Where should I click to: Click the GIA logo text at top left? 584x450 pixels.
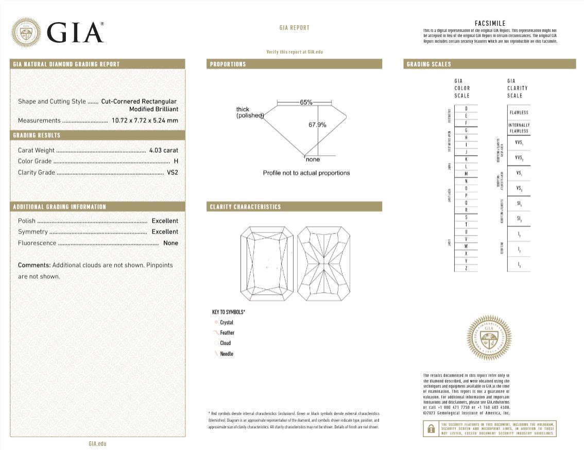[75, 32]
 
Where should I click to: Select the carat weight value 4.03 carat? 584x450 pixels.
[163, 151]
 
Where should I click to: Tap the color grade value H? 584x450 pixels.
[176, 161]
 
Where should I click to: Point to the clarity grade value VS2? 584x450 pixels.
[173, 173]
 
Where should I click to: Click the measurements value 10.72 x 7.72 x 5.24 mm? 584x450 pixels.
[145, 121]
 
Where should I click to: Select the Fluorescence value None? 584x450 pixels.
[170, 243]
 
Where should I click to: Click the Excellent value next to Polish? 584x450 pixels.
[165, 221]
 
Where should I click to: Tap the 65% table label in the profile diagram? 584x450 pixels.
[306, 102]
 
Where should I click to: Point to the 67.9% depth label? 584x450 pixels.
[317, 125]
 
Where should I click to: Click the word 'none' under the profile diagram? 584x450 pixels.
[313, 159]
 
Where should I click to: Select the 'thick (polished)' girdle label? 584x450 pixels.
[249, 112]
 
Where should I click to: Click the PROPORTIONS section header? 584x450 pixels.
[228, 64]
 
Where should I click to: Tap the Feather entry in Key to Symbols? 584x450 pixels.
[227, 333]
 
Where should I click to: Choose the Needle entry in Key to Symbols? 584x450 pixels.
[227, 354]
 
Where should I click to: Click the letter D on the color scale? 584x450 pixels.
[466, 109]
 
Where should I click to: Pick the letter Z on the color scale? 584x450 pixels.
[466, 268]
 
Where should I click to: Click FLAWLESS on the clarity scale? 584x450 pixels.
[519, 112]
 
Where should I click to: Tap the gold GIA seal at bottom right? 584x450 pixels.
[489, 338]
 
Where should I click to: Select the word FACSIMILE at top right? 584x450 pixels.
[490, 23]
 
